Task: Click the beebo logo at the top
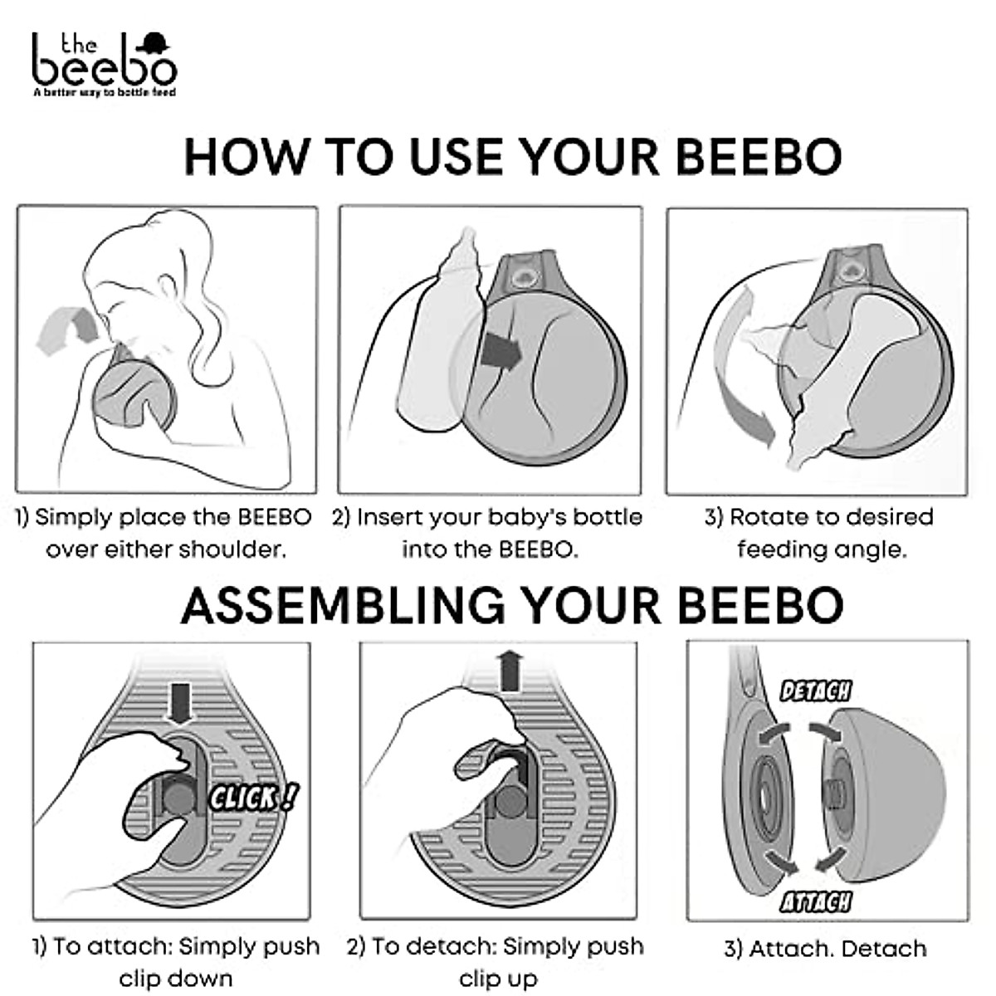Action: click(x=104, y=62)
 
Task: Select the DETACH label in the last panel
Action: click(x=816, y=690)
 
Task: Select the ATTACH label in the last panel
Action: click(x=816, y=901)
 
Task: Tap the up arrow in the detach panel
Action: click(x=510, y=671)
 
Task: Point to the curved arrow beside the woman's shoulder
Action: click(x=66, y=328)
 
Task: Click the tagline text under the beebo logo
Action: click(x=104, y=93)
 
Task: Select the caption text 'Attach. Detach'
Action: click(x=825, y=949)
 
